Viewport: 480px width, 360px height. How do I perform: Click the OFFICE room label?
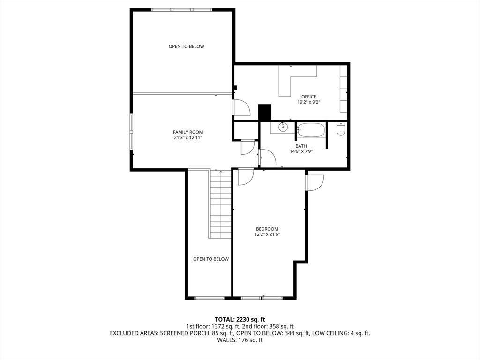point(308,97)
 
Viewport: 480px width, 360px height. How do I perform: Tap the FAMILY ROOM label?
point(188,132)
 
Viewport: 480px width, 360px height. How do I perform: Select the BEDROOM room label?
point(267,229)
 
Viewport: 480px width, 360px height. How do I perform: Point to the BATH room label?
point(301,146)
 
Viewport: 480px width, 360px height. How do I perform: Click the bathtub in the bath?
point(311,130)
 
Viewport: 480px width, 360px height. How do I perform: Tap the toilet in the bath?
point(341,129)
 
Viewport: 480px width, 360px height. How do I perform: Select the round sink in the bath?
point(283,127)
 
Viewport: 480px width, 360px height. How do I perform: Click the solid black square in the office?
point(265,112)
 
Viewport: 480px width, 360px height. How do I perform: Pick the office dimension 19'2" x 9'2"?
point(308,102)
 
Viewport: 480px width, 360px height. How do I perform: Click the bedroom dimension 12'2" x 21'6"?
point(267,234)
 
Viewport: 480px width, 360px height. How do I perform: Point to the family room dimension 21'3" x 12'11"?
point(188,138)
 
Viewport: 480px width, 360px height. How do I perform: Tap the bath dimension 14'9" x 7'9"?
point(301,151)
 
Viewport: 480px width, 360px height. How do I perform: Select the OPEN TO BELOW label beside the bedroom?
point(211,259)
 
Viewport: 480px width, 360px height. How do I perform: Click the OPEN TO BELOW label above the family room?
point(187,46)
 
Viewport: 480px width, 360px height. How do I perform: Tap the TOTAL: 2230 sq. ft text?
point(240,320)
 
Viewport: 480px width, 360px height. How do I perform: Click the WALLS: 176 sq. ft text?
point(240,340)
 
